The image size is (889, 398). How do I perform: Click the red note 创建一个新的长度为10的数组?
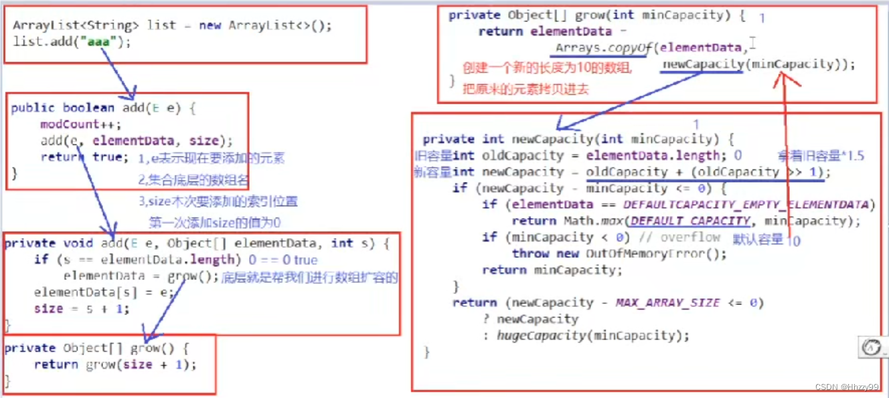pos(547,68)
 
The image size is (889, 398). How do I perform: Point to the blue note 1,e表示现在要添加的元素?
pos(212,159)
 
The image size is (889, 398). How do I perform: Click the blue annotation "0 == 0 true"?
pos(283,260)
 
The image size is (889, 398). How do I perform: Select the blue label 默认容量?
pos(758,239)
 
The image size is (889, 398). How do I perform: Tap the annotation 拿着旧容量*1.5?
pos(821,156)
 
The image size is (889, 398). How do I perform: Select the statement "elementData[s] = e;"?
pos(104,292)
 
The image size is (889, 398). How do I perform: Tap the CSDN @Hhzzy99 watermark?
pos(848,388)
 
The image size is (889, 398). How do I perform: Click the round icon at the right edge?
pos(871,347)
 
